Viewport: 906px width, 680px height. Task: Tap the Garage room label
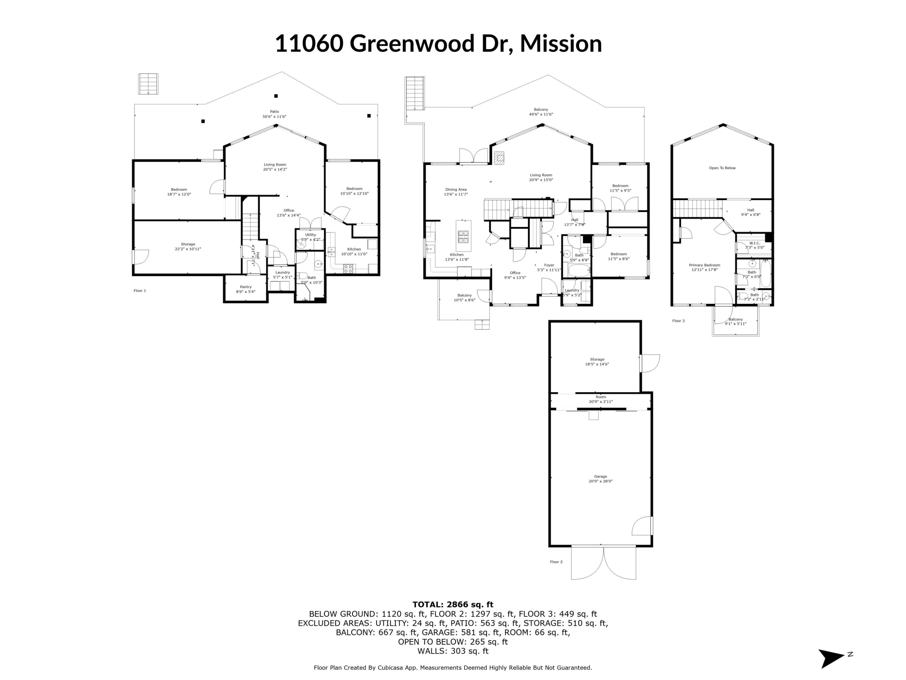pos(600,476)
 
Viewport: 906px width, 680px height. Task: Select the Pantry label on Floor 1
pos(246,287)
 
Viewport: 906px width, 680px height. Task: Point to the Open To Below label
pos(722,168)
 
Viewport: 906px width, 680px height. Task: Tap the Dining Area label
pos(456,190)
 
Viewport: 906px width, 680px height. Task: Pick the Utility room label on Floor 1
pos(310,235)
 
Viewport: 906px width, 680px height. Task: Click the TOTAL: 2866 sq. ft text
pos(453,604)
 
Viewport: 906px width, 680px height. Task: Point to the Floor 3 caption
pos(678,321)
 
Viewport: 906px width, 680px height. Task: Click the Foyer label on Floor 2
pos(549,265)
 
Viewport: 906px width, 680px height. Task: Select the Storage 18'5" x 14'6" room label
pos(597,359)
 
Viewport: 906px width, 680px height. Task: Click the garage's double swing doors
pos(603,564)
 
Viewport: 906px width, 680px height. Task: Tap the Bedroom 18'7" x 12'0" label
pos(179,190)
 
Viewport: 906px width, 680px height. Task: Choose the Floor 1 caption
pos(140,291)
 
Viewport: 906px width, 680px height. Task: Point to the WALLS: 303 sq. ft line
pos(453,651)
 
